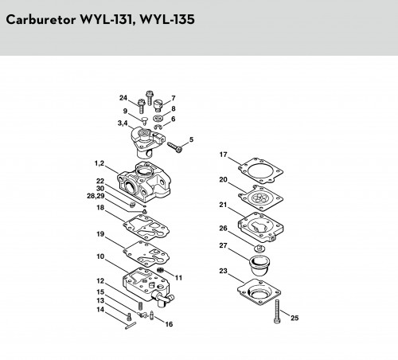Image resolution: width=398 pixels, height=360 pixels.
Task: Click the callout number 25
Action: [x=295, y=318]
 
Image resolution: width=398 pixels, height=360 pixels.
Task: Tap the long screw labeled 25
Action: [x=277, y=311]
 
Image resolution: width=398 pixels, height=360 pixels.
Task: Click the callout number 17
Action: [x=224, y=155]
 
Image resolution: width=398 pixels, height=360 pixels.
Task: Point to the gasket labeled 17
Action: [x=260, y=170]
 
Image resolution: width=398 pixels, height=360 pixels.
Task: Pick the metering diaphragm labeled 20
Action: [x=260, y=198]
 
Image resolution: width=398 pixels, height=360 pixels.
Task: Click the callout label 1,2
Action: [x=99, y=163]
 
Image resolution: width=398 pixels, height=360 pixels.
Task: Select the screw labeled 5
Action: [x=175, y=147]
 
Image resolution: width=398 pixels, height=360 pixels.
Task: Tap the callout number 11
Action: [x=178, y=278]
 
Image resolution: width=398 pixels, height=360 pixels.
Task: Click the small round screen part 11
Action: [x=160, y=271]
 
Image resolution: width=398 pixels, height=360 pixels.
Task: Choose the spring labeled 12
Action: [x=141, y=306]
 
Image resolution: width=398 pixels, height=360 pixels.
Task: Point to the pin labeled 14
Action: [x=131, y=326]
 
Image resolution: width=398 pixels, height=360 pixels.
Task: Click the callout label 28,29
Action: [x=96, y=196]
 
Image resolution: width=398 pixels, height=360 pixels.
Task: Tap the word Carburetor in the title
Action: [x=41, y=20]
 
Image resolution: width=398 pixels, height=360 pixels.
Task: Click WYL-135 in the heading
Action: [x=167, y=20]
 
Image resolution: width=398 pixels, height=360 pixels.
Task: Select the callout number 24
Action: [x=123, y=98]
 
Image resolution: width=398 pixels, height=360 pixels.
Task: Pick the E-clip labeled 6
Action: [x=158, y=127]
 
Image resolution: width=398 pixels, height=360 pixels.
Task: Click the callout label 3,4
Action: [x=123, y=123]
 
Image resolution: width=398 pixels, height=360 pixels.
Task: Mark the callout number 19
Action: [x=100, y=234]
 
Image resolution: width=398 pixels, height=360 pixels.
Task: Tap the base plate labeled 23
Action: [x=259, y=292]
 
